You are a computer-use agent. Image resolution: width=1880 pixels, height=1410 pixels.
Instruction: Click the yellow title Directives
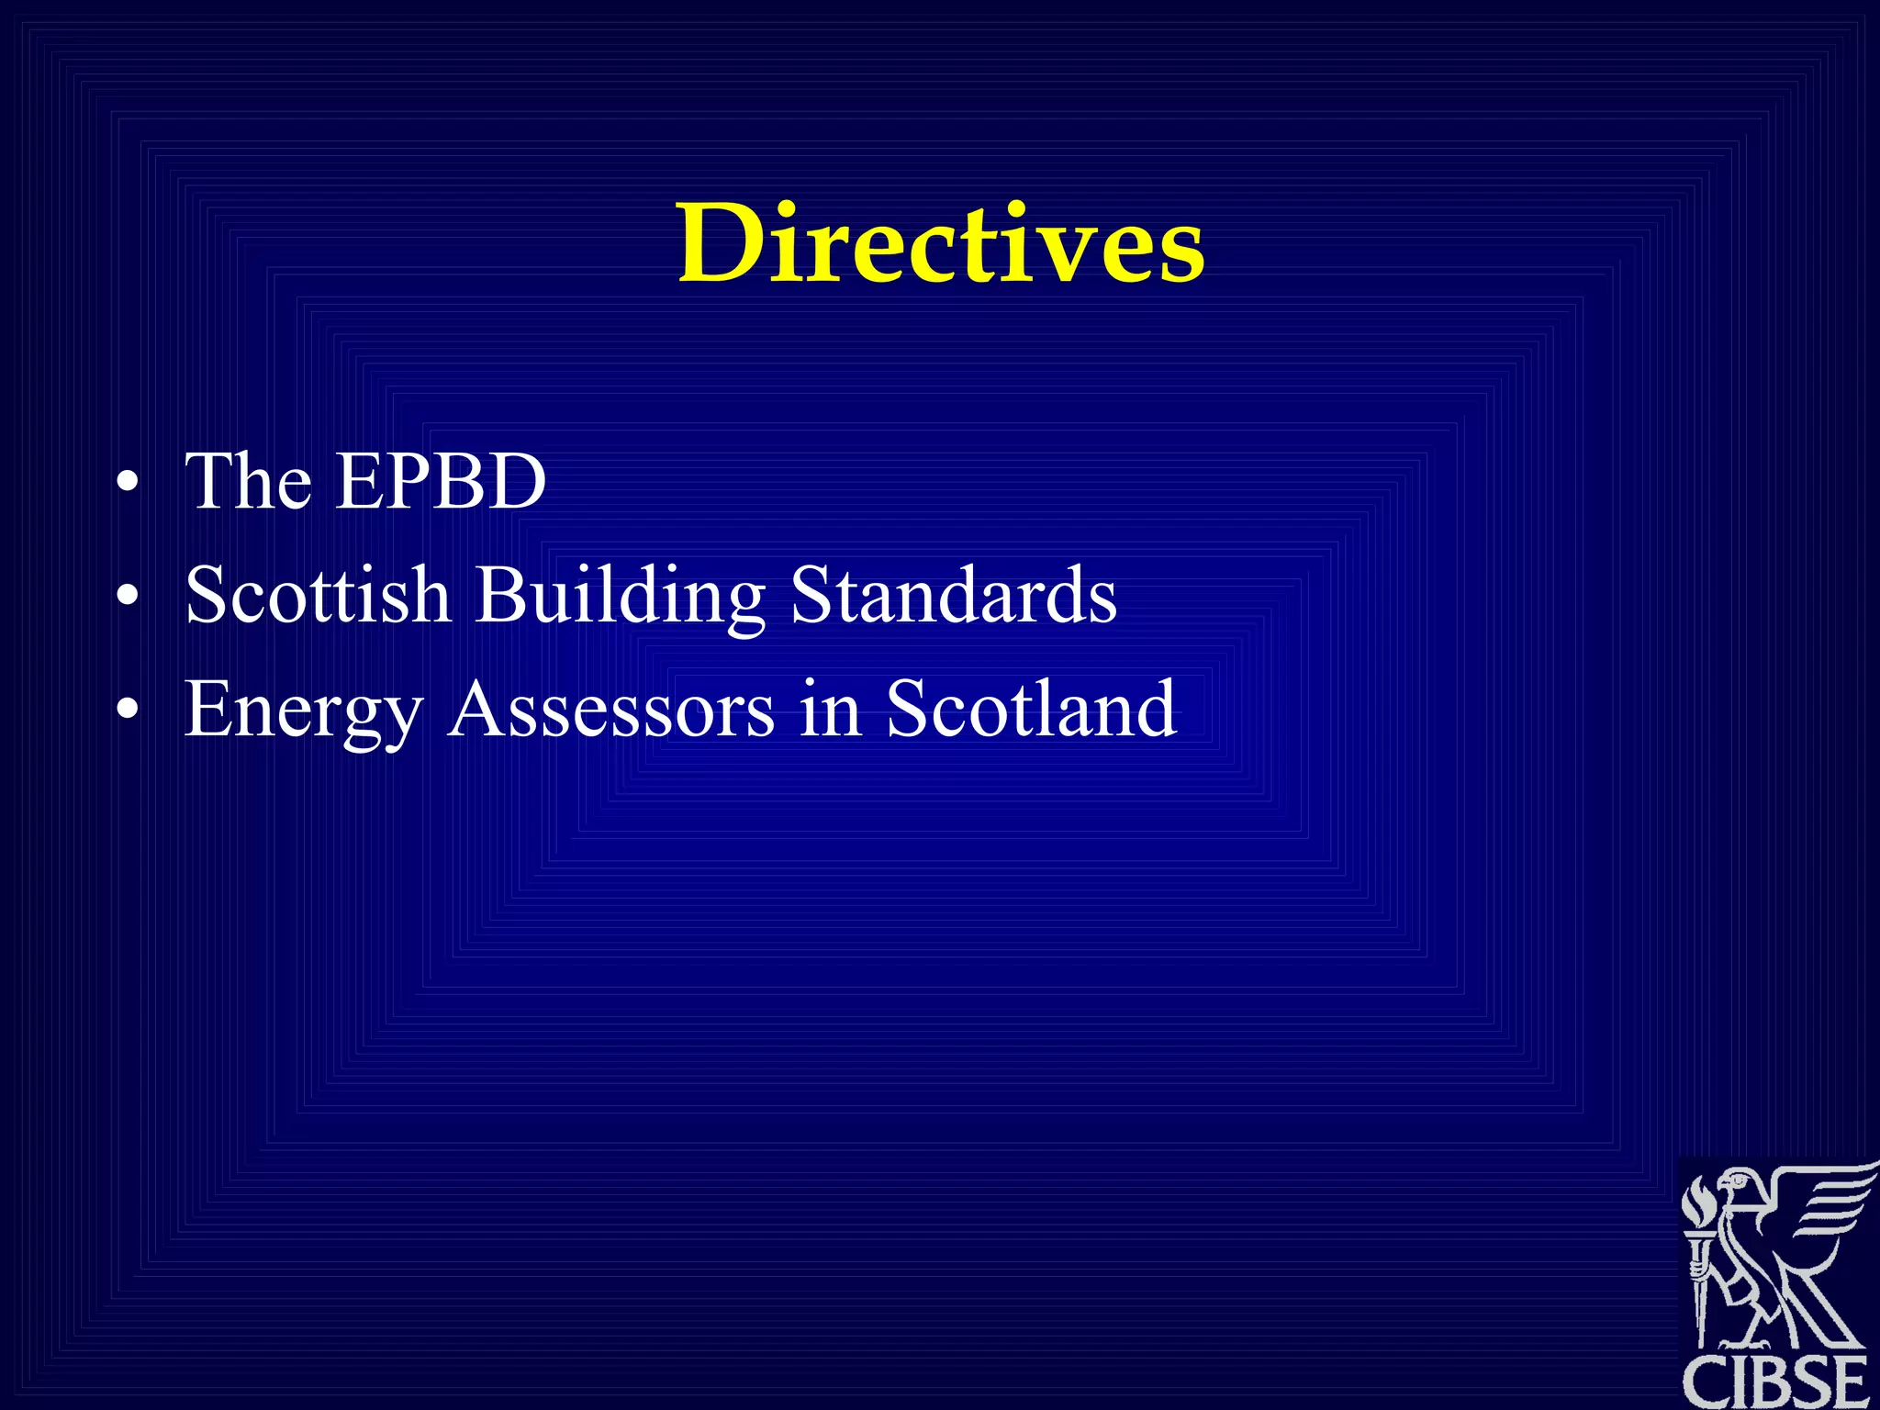click(x=941, y=243)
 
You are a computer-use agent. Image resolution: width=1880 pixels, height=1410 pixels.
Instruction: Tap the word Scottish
click(x=318, y=594)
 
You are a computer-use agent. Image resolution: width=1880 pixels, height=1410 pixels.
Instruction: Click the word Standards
click(x=954, y=594)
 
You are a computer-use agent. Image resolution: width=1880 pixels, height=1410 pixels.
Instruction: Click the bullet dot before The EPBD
click(x=129, y=482)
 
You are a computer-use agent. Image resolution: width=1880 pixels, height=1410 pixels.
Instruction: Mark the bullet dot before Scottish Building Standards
click(x=129, y=596)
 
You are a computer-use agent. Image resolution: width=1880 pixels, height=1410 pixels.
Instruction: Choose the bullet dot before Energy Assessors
click(x=129, y=710)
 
